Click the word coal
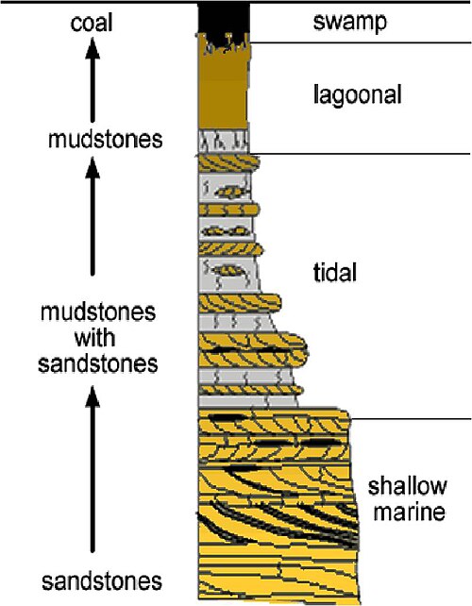[92, 23]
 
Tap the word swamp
[350, 22]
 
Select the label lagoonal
[358, 94]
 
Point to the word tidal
[335, 273]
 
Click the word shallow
[408, 486]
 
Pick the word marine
[410, 512]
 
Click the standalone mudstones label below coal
[105, 139]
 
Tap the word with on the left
[94, 338]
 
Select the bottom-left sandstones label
[102, 581]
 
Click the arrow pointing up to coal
[93, 80]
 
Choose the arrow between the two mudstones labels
[93, 215]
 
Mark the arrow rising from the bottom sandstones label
[93, 468]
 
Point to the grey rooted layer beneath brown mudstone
[223, 142]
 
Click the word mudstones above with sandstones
[98, 311]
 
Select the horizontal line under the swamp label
[361, 42]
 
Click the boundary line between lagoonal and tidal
[361, 154]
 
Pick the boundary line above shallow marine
[411, 418]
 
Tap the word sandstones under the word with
[98, 363]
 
